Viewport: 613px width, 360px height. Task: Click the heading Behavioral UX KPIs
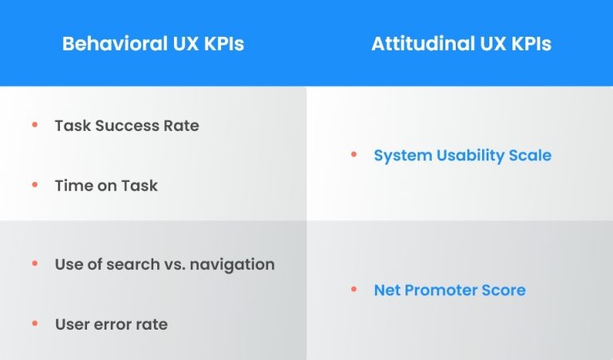[153, 44]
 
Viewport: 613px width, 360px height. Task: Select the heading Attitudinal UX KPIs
[461, 44]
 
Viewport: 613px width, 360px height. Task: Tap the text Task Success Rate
[127, 126]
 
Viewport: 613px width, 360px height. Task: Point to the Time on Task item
[106, 185]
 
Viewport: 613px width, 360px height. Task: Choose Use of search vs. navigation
[164, 264]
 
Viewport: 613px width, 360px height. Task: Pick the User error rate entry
[111, 324]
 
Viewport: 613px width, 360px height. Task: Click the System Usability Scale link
[462, 155]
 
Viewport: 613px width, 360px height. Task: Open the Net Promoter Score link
[449, 290]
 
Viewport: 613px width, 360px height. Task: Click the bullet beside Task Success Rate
[34, 125]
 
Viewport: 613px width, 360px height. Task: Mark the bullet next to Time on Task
[34, 184]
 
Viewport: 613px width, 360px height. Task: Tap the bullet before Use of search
[34, 263]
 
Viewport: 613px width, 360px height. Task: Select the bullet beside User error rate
[34, 323]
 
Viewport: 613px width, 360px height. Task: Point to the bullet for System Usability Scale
[354, 154]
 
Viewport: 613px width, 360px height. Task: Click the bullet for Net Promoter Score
[354, 289]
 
